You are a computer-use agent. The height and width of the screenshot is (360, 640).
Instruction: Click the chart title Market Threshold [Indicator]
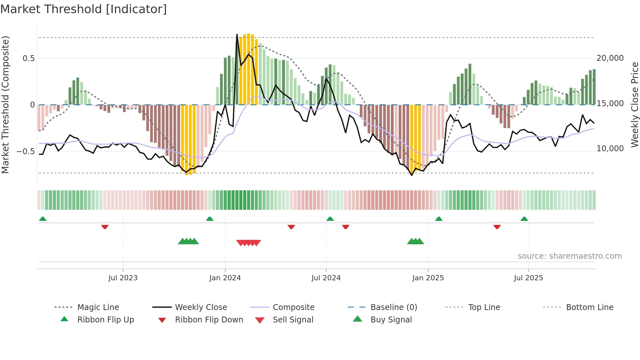pos(84,9)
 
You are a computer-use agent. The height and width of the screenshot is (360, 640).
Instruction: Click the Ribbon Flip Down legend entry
pos(209,320)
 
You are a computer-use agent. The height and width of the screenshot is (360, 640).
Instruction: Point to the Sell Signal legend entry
pos(293,320)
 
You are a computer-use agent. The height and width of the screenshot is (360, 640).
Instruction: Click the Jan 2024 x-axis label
pos(225,278)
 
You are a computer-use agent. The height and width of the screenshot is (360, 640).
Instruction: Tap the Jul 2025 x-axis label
pos(528,278)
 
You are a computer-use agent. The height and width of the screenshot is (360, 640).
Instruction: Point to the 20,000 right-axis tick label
pos(610,58)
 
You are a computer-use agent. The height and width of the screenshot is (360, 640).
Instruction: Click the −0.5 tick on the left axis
pos(26,152)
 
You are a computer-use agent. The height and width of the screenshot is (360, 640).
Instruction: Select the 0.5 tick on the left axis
pos(28,58)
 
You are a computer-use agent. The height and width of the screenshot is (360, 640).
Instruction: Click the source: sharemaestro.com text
pos(569,256)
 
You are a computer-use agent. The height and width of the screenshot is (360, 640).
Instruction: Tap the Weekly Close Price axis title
pos(634,105)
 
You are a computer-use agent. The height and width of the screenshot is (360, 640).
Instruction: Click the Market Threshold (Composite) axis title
pos(5,105)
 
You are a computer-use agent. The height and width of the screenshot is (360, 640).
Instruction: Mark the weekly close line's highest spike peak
pos(237,34)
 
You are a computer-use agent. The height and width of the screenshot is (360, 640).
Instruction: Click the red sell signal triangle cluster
pos(248,243)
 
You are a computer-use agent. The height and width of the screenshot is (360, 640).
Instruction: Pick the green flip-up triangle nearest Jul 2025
pos(524,219)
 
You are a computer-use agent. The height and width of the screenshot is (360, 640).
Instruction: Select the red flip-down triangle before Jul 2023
pos(105,227)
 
